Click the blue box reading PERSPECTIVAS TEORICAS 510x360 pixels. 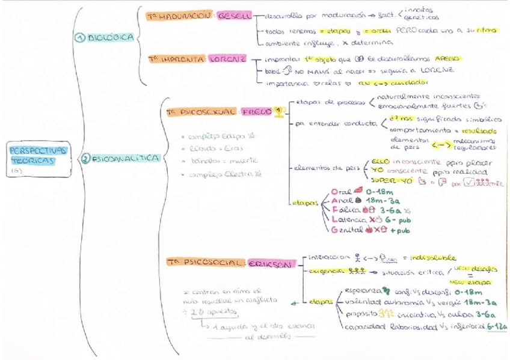coord(38,155)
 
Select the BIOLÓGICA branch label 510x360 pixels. coord(111,37)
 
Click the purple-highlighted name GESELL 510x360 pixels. coord(235,16)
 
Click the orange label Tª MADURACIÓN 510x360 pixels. coord(181,16)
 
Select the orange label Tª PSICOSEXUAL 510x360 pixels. coord(201,112)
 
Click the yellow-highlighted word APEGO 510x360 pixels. coord(447,59)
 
